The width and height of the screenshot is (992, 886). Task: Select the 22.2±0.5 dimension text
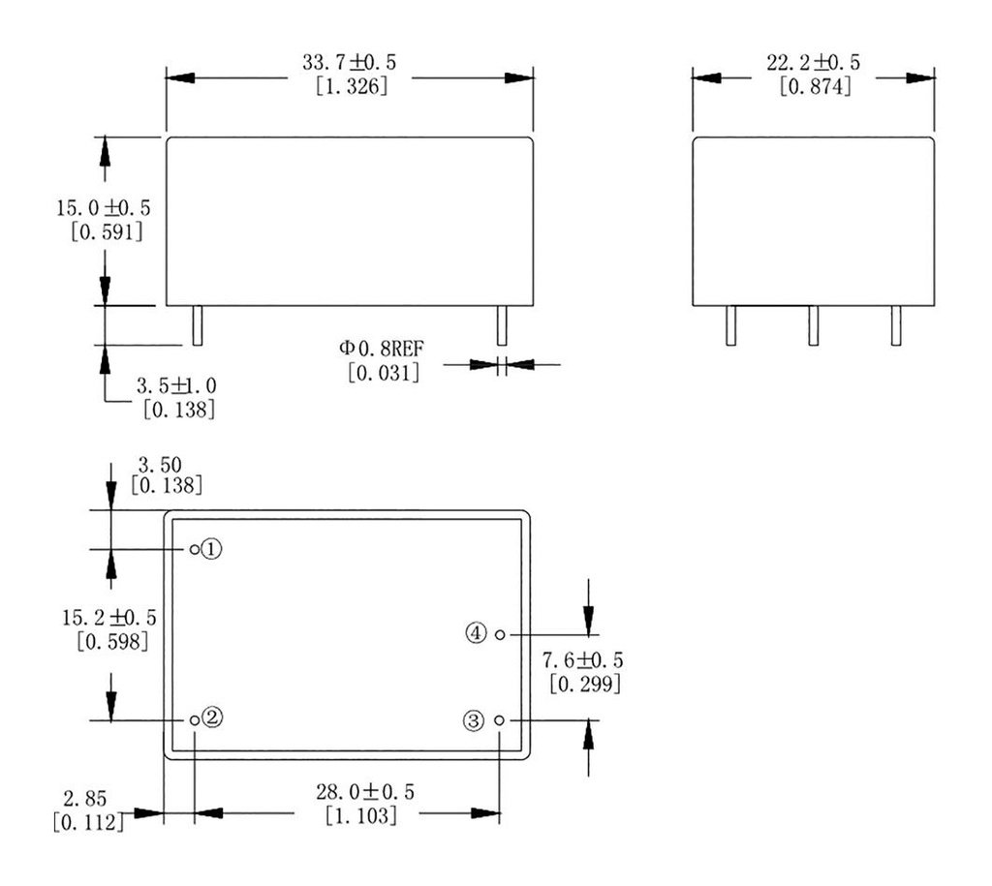pos(814,64)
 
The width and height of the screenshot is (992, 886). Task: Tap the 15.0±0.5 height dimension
pos(106,208)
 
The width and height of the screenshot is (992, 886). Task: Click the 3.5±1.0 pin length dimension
pos(178,386)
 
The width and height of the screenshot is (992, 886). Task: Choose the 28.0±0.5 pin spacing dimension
pos(366,792)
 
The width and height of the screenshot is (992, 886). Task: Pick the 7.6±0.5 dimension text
pos(582,660)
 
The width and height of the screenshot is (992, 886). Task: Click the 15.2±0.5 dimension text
pos(109,617)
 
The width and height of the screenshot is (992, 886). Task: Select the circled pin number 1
pos(213,549)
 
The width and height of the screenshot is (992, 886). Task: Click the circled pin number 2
pos(213,719)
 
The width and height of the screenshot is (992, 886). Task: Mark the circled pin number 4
pos(475,633)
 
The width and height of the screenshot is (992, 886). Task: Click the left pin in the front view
pos(197,325)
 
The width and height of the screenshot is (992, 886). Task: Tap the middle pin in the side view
pos(814,325)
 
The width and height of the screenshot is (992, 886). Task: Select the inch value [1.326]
pos(351,86)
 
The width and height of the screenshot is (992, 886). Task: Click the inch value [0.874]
pos(815,86)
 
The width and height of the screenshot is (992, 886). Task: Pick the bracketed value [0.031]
pos(384,372)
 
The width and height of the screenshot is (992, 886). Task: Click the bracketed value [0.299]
pos(584,684)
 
